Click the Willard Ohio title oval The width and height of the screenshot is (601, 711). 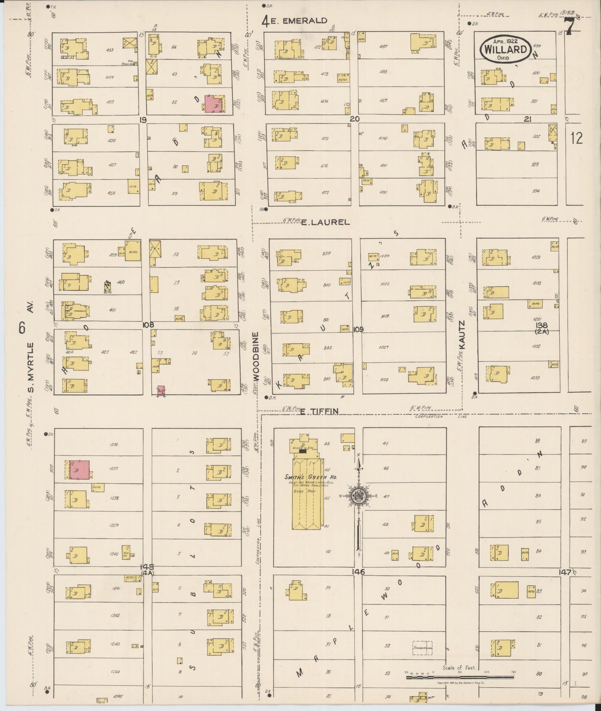click(x=505, y=49)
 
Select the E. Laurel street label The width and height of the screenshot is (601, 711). click(x=325, y=222)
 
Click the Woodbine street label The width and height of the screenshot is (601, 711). click(x=255, y=356)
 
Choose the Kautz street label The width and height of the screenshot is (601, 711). click(x=462, y=334)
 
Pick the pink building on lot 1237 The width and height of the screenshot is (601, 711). click(x=79, y=469)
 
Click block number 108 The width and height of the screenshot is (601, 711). click(x=148, y=325)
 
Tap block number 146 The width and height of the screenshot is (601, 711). click(x=358, y=572)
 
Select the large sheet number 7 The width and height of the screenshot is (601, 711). click(x=570, y=27)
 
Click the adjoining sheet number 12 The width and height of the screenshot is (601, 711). click(x=576, y=138)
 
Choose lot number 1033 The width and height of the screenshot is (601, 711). click(x=535, y=378)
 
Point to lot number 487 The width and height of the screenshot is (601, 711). click(x=383, y=47)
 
